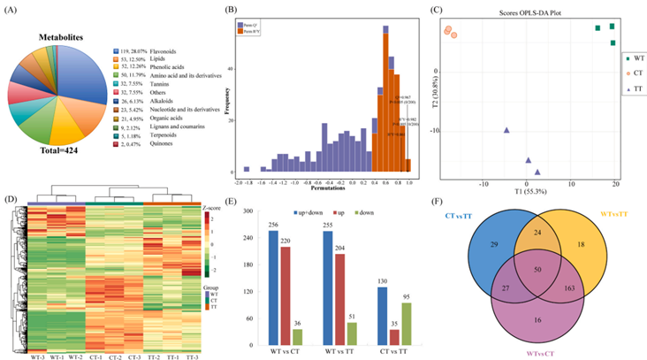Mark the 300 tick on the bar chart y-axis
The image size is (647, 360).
[251, 211]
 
